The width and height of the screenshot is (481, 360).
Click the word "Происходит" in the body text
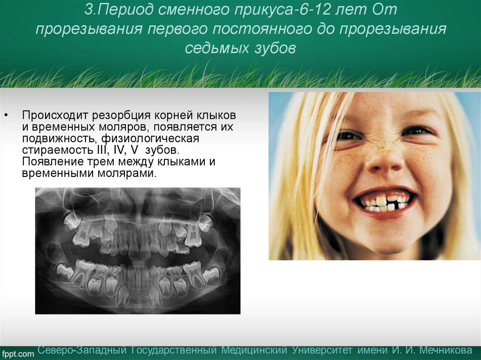coord(55,115)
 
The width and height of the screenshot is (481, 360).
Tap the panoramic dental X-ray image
coord(138,251)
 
